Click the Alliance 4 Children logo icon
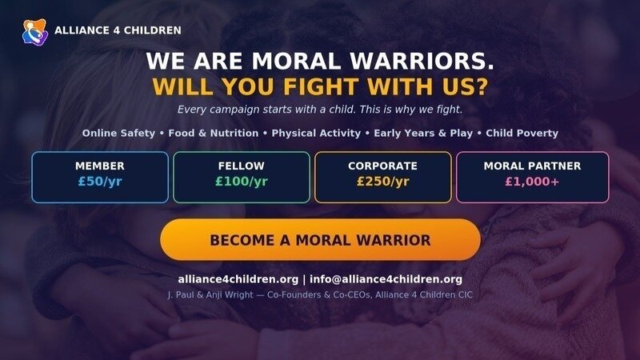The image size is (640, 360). click(x=35, y=32)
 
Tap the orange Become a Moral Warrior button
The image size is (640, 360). click(x=321, y=239)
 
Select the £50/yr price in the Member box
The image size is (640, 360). click(x=100, y=182)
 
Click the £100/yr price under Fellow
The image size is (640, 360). click(x=242, y=182)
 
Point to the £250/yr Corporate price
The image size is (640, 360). click(x=383, y=182)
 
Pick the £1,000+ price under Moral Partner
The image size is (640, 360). click(x=532, y=182)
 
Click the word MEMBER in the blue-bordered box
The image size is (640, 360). click(x=100, y=166)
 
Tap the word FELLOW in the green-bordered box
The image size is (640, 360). click(x=242, y=166)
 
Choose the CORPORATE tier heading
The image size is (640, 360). click(x=383, y=166)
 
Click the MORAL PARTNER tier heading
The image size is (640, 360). click(x=532, y=166)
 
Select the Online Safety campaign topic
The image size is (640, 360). click(x=118, y=133)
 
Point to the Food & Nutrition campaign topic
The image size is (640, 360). click(x=214, y=133)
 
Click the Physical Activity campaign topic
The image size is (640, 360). click(x=316, y=133)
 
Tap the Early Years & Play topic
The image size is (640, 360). click(x=423, y=133)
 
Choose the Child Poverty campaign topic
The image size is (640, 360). click(x=522, y=133)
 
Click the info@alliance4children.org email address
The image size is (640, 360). click(x=386, y=279)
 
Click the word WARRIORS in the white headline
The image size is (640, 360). click(x=422, y=61)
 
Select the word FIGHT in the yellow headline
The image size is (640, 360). click(x=321, y=86)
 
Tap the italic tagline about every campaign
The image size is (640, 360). click(x=320, y=110)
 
